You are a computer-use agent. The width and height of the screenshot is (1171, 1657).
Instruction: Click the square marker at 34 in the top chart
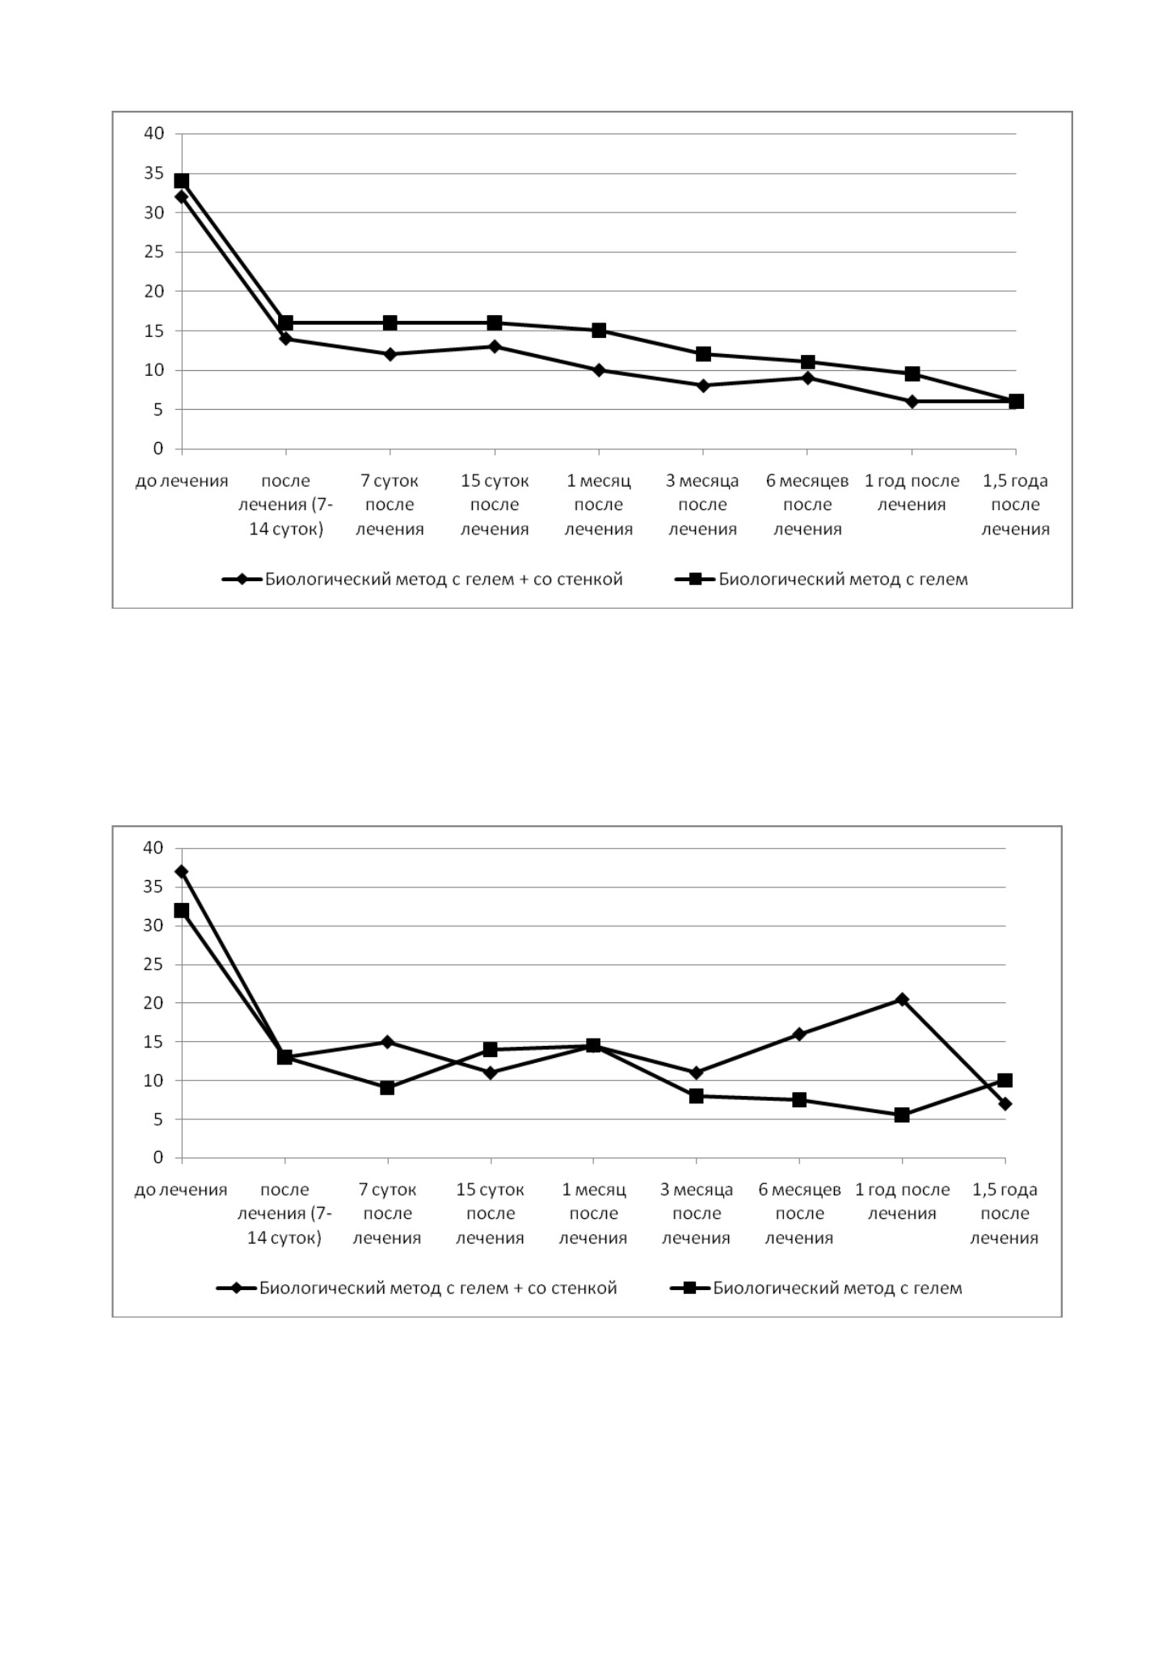coord(182,181)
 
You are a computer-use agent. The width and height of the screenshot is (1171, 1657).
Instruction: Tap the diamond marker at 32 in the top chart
coord(182,196)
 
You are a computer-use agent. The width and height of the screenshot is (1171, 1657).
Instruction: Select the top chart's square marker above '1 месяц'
coord(599,331)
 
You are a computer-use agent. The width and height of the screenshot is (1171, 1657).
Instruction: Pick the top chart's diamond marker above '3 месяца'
coord(703,386)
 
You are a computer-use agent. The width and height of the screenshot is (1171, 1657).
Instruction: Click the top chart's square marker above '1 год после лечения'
coord(912,373)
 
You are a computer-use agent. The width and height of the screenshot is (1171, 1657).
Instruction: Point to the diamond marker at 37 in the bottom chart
coord(182,871)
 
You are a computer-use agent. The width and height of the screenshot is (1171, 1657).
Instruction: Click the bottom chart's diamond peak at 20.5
coord(902,999)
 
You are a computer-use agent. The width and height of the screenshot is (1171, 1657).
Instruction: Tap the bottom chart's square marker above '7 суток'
coord(387,1088)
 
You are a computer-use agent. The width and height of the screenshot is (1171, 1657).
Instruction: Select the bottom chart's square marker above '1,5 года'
coord(1005,1081)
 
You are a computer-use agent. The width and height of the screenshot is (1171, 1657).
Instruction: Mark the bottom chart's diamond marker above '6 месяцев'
coord(799,1034)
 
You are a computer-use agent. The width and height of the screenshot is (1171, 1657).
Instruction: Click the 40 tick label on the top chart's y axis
coord(154,133)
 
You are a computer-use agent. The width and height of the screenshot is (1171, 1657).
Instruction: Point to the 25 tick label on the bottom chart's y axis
coord(154,964)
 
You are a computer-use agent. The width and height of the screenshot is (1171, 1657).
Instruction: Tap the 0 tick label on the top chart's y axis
coord(158,449)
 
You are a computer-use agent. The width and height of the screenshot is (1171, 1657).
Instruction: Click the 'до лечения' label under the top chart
coord(182,481)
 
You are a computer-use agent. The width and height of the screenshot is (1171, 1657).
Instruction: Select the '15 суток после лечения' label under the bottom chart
coord(491,1213)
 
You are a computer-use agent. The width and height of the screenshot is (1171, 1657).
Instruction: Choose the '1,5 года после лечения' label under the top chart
coord(1015,505)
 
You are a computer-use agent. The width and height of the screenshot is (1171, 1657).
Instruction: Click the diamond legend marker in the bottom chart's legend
coord(238,1288)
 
